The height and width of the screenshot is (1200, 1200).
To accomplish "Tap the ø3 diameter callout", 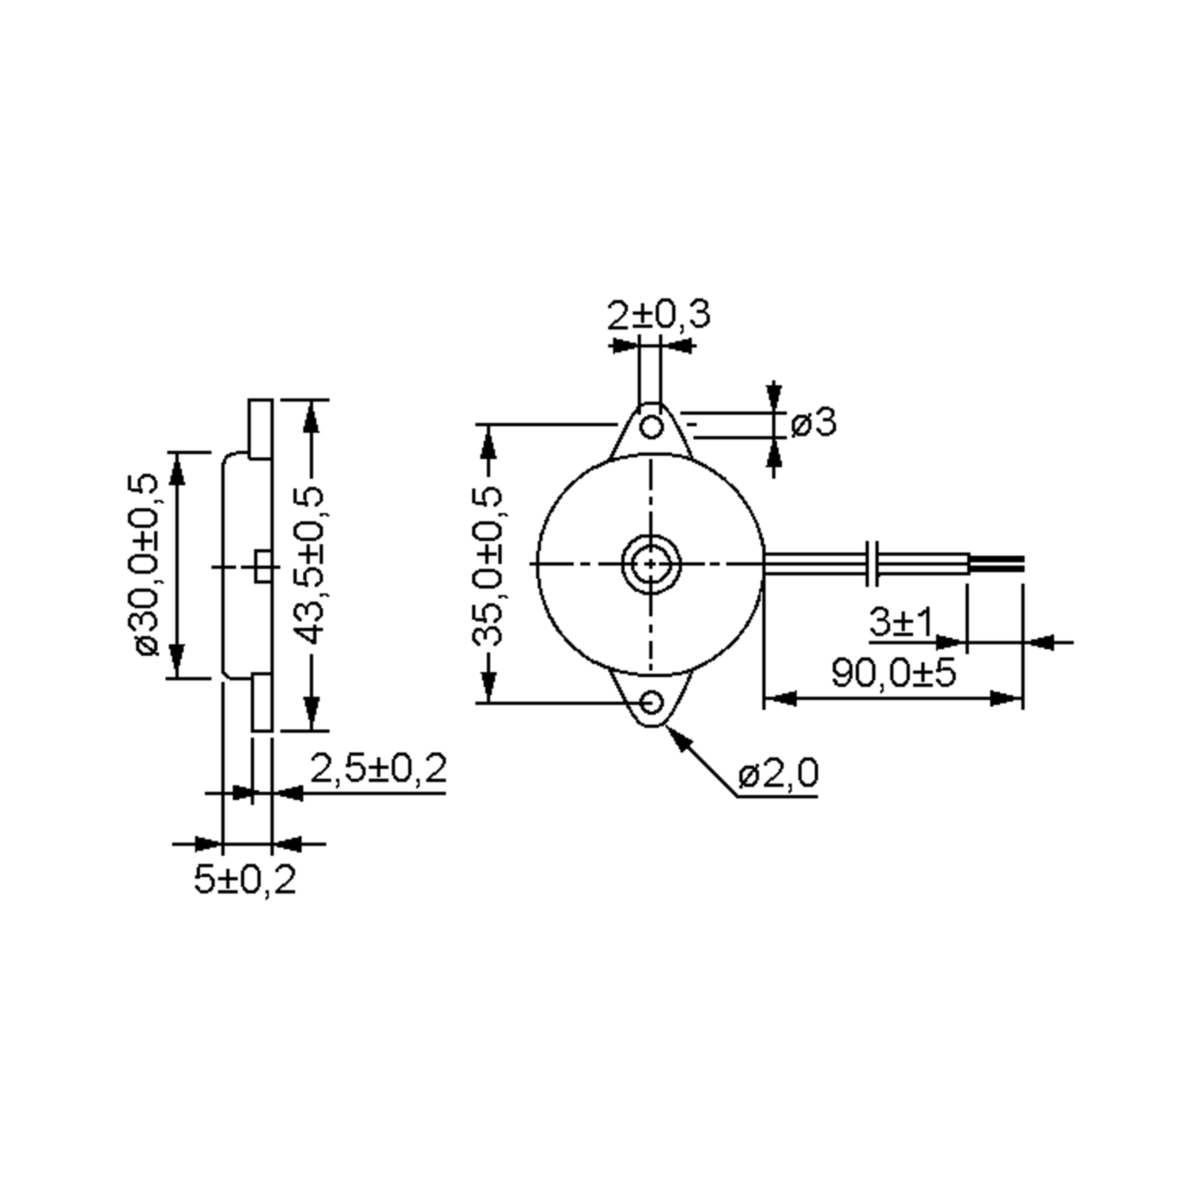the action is point(813,423).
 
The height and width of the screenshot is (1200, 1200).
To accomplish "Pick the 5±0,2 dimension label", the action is point(244,879).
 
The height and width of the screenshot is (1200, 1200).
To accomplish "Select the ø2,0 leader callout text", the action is point(778,774).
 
